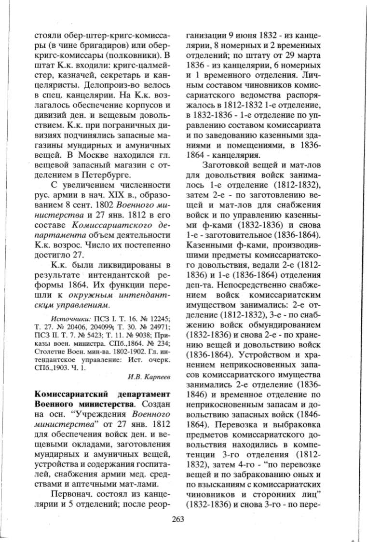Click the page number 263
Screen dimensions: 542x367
coord(178,518)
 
